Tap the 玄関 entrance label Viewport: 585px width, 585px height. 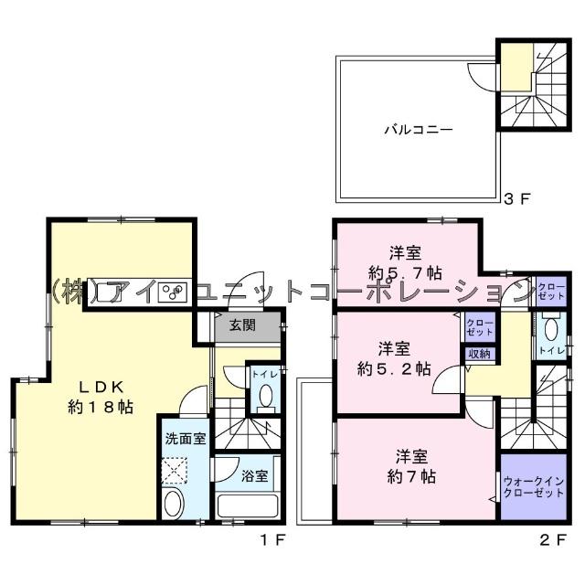242,324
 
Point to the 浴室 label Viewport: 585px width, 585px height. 255,475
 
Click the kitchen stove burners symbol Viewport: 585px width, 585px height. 174,292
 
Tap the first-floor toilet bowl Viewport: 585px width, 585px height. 266,396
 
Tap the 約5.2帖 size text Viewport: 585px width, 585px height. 393,369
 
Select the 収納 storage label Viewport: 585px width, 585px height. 479,354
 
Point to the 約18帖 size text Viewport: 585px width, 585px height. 101,407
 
